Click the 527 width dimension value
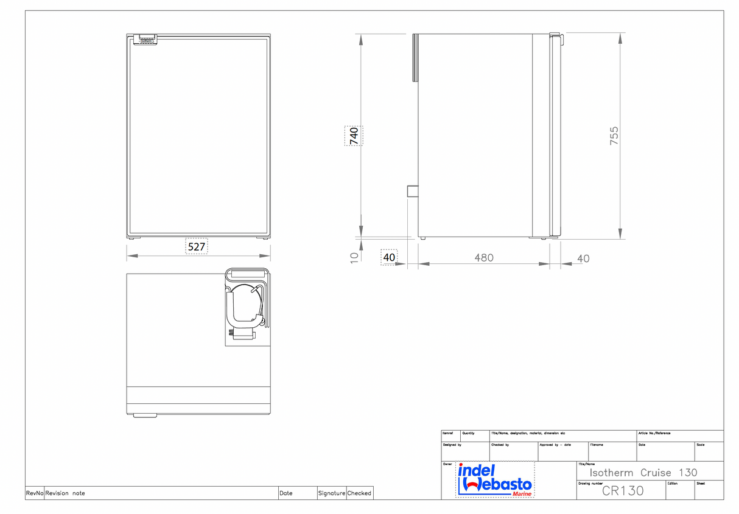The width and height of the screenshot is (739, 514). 196,246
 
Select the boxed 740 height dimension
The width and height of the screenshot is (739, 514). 353,135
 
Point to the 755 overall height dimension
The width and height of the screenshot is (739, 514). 614,135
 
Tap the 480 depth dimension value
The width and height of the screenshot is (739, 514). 484,258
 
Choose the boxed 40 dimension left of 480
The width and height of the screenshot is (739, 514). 389,257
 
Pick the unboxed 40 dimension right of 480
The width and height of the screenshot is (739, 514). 583,259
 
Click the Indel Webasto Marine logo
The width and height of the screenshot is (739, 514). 495,480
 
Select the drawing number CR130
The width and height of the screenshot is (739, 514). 622,491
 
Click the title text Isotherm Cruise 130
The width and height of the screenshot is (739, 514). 643,473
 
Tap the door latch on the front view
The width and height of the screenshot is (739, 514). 146,40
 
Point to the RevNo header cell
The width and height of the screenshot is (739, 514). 34,493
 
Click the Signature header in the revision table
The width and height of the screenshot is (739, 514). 331,493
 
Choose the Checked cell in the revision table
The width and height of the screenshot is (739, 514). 359,493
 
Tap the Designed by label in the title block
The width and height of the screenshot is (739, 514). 452,445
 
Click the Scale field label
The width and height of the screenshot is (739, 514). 701,445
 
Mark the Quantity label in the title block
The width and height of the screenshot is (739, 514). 468,433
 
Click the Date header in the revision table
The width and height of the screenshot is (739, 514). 285,493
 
